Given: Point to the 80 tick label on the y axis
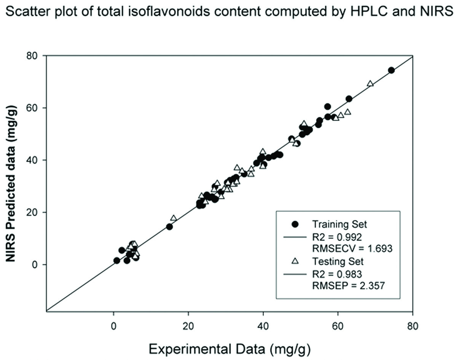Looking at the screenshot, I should tap(34, 56).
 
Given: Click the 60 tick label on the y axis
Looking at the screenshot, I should tap(34, 108).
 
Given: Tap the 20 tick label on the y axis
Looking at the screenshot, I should tap(34, 212).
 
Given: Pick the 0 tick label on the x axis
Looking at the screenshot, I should tap(113, 326).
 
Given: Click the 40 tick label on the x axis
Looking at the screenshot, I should tap(263, 326).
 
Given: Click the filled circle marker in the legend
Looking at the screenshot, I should tap(294, 223).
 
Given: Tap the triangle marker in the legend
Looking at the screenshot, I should tap(294, 261).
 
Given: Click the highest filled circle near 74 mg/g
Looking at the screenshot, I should tap(391, 70).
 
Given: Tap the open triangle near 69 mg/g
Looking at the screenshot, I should tap(370, 84).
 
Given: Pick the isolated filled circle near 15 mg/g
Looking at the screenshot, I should tap(169, 227).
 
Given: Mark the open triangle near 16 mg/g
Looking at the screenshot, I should tap(174, 218).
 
